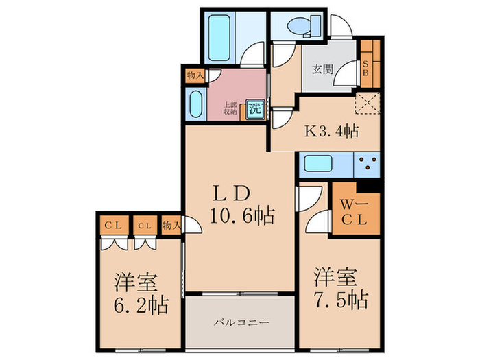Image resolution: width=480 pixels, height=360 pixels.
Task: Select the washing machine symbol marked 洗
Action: [x=255, y=108]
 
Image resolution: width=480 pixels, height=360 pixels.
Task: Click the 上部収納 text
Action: [x=229, y=107]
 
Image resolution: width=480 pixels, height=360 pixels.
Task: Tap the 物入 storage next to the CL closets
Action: [x=171, y=224]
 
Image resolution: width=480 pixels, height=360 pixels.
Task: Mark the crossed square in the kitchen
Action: [x=367, y=106]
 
